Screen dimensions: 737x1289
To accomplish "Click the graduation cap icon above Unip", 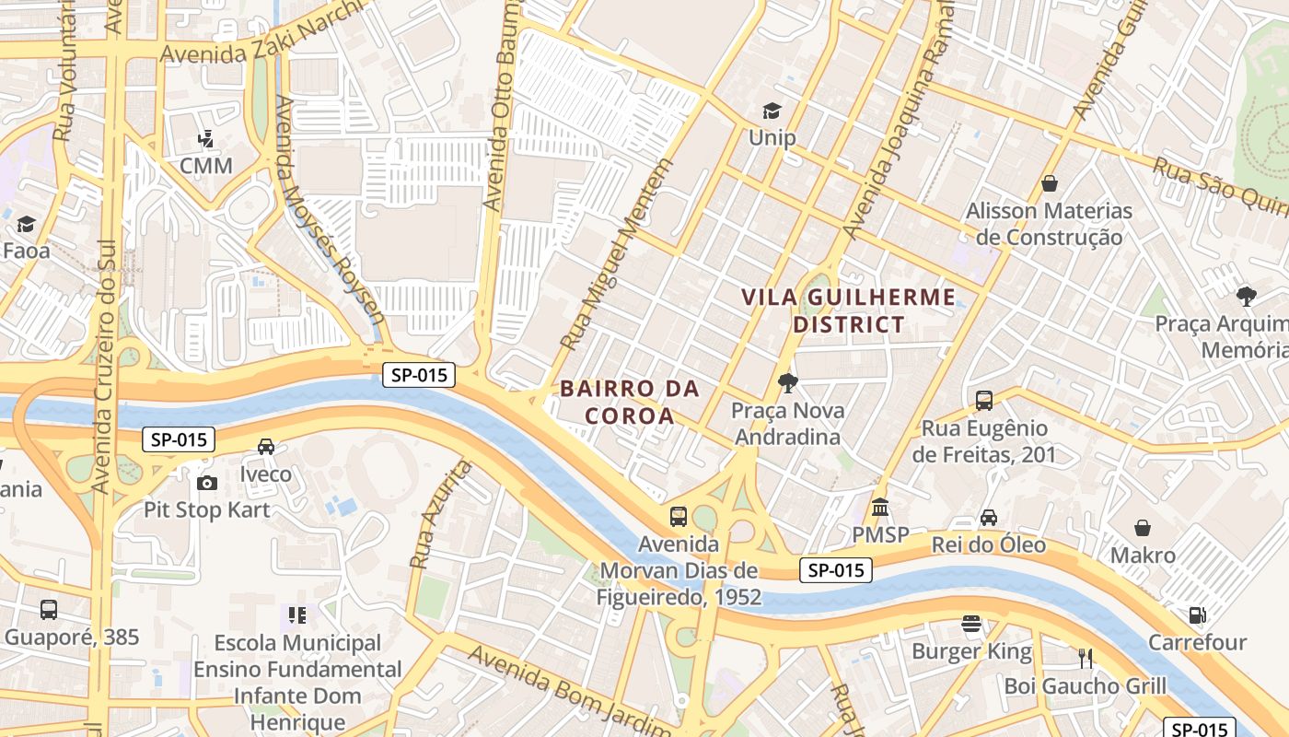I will click(772, 111).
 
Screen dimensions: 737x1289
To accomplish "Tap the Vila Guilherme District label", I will click(849, 310).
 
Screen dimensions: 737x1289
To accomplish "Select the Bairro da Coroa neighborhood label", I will click(630, 402).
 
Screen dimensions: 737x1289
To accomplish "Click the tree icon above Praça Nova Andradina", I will click(787, 382).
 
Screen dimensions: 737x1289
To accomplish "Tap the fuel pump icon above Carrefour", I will click(1198, 614).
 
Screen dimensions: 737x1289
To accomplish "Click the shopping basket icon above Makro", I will click(1143, 528).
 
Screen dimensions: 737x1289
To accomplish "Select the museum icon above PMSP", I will click(880, 508).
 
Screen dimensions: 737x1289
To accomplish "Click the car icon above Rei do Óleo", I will click(989, 518).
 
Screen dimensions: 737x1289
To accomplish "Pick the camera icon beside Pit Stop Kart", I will click(207, 483).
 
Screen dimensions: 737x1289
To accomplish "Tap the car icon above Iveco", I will click(266, 447).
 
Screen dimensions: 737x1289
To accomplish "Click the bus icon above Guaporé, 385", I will click(49, 609).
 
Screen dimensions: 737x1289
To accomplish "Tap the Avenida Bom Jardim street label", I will click(569, 690).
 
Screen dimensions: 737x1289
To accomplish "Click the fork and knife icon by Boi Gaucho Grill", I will click(1086, 658).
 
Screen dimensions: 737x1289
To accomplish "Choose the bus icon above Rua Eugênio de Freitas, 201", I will click(984, 401).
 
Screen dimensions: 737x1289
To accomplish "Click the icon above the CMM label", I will click(206, 140).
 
